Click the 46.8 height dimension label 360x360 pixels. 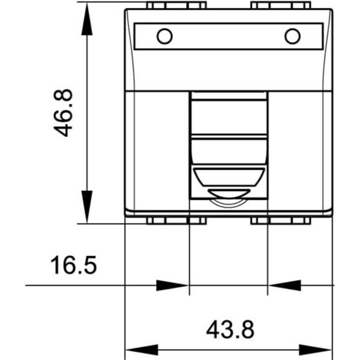pos(63,113)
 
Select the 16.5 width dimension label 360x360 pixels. pos(73,265)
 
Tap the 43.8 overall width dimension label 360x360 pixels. pos(230,329)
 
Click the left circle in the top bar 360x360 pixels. pos(164,36)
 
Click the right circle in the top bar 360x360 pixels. pos(293,36)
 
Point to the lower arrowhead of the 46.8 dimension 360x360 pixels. pos(87,206)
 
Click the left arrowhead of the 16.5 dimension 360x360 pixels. pos(172,286)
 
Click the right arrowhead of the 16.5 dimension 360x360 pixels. pos(284,286)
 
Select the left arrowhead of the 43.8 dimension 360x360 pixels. pos(142,350)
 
